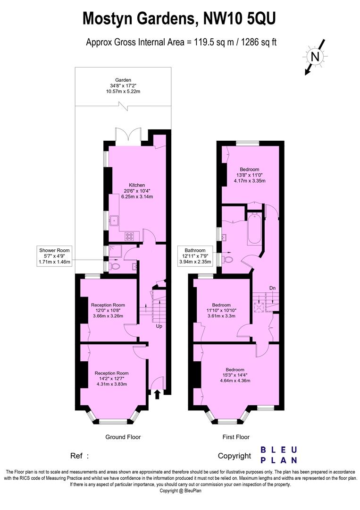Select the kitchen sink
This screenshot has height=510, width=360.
pos(115,220)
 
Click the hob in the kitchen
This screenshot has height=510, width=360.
pos(130,235)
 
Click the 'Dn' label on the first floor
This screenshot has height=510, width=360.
pos(272,288)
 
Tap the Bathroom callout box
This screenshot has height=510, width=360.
pos(195,255)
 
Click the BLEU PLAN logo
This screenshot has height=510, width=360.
pos(279,455)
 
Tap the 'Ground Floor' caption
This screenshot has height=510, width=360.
pos(123,437)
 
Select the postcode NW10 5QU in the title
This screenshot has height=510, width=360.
pos(239,19)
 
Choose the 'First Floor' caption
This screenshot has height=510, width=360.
pos(236,437)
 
